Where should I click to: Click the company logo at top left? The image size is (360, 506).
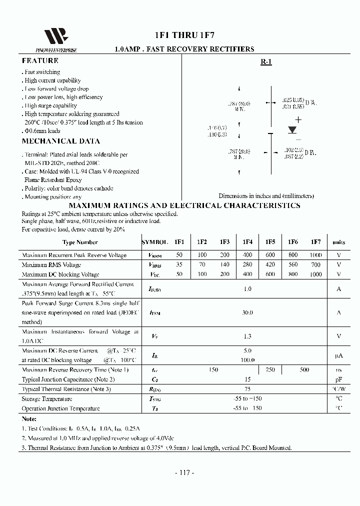point(55,37)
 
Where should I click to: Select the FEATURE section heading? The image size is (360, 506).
point(40,60)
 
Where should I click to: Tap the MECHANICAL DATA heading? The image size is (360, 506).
point(60,141)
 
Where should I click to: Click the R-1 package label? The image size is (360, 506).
point(266,62)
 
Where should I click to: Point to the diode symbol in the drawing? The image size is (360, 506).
point(293,129)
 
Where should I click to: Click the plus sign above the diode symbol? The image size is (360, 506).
point(298,119)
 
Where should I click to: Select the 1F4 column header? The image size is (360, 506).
point(247,242)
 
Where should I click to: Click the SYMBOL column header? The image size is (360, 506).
point(155,242)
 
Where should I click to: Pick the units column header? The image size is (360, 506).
point(338,242)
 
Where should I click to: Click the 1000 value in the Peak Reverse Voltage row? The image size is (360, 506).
point(315,255)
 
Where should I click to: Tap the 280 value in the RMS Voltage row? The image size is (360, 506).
point(247,264)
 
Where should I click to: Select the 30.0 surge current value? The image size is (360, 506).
point(247,312)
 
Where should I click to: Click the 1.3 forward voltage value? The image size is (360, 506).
point(247,336)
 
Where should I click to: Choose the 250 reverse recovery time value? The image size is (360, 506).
point(270,369)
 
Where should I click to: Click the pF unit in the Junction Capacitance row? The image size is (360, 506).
point(338,379)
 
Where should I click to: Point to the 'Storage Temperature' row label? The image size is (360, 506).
point(47,399)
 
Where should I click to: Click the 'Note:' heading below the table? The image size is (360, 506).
point(29,418)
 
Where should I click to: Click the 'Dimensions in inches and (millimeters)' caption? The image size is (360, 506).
point(266,196)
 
